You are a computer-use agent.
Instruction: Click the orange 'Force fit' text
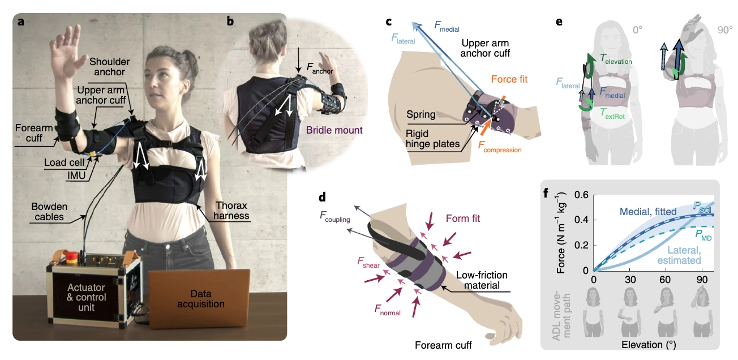513,79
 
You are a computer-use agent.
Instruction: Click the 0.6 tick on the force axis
581,195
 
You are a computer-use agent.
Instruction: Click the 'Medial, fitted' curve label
648,212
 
